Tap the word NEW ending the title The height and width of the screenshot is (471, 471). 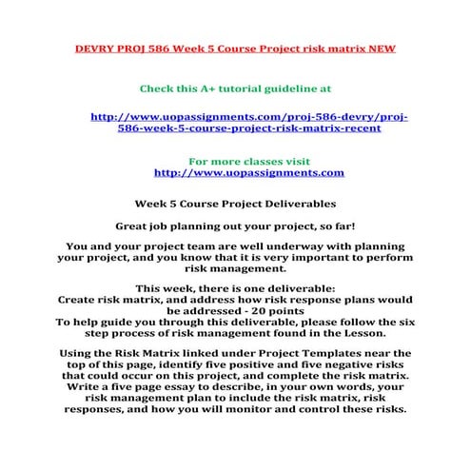379,48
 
